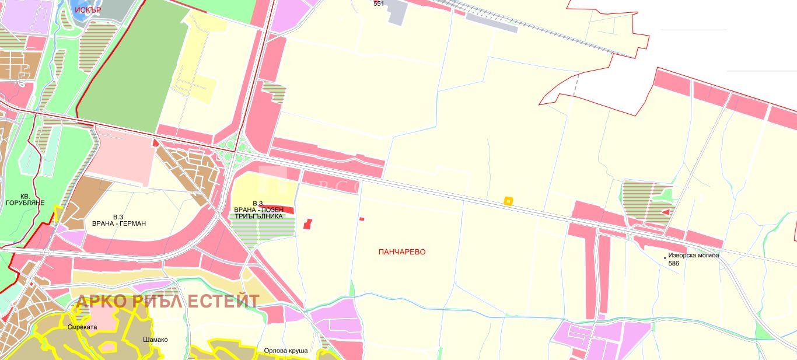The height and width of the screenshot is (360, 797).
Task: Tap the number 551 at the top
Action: [379, 4]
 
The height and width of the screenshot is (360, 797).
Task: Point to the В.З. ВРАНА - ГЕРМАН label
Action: [119, 219]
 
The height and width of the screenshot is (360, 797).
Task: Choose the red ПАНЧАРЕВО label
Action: [402, 252]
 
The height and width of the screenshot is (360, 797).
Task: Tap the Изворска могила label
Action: [694, 256]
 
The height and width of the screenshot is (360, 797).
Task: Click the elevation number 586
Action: [674, 263]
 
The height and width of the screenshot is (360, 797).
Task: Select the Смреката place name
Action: [82, 327]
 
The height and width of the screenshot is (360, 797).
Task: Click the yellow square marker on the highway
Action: [508, 201]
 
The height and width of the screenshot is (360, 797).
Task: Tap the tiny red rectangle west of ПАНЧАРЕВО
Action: [362, 219]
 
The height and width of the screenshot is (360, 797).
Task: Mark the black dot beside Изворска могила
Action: [665, 257]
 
